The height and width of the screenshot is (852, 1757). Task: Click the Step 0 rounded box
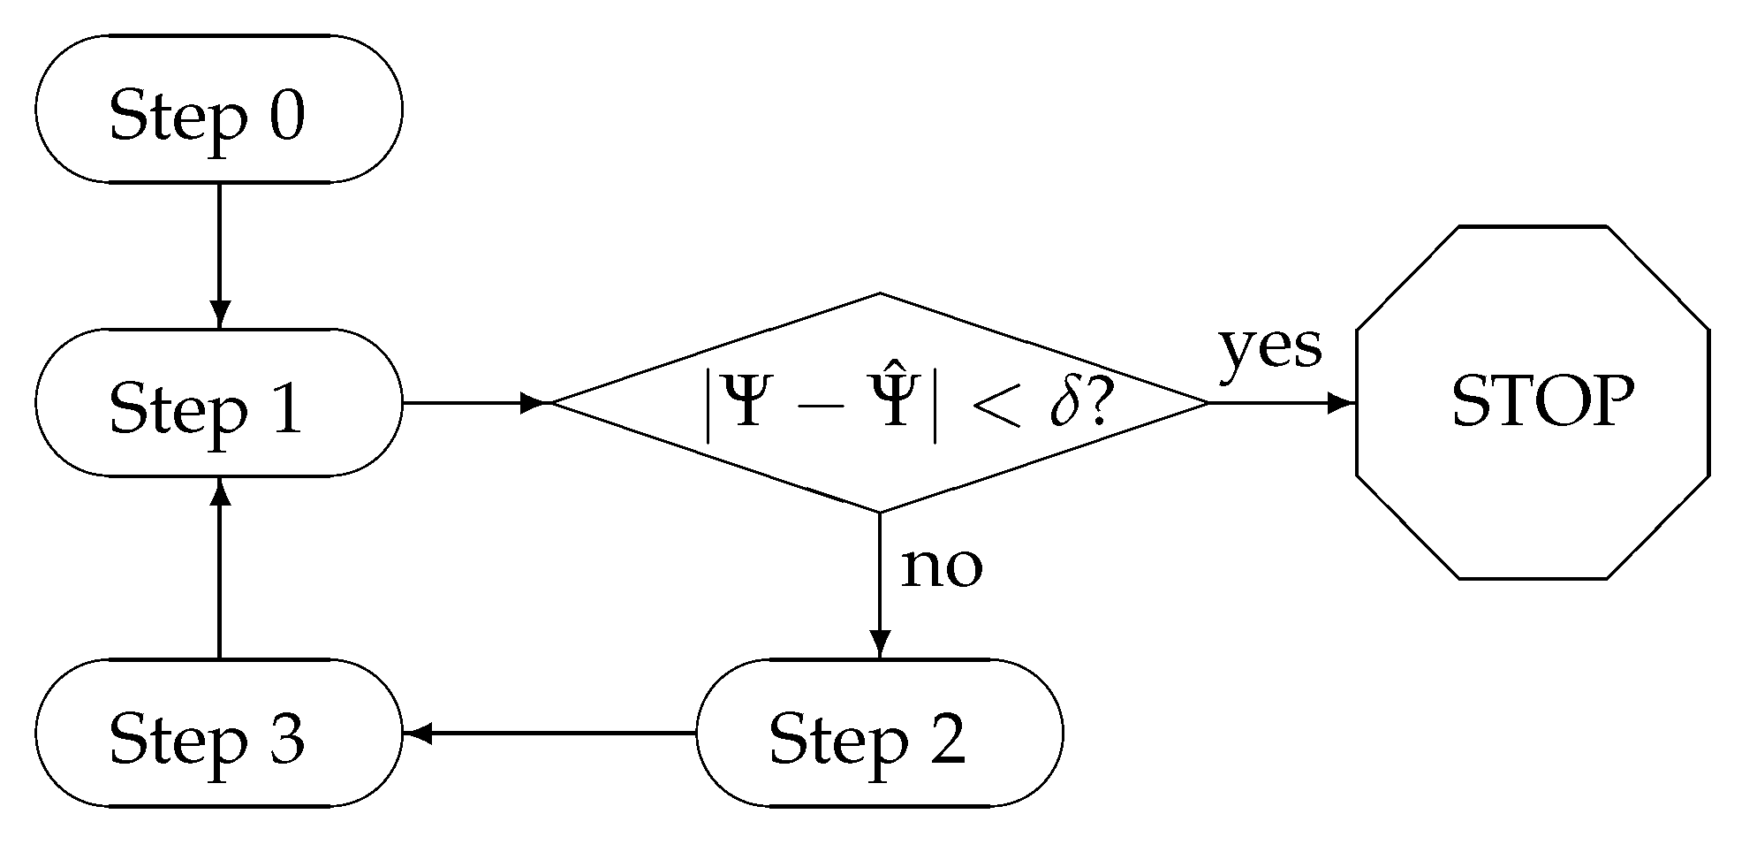(x=218, y=110)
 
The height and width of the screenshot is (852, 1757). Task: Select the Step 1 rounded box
(x=218, y=403)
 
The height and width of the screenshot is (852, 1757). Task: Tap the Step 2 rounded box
(x=879, y=733)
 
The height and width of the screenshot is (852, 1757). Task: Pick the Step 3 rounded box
(x=218, y=733)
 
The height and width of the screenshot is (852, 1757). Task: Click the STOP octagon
(x=1533, y=403)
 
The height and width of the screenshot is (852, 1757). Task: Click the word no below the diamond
(x=941, y=567)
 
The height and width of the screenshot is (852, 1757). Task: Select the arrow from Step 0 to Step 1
(x=219, y=256)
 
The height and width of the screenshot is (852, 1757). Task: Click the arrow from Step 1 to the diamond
(x=477, y=403)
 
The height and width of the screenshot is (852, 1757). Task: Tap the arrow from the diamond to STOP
(x=1281, y=403)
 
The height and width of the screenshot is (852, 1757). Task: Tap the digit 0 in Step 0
(x=286, y=115)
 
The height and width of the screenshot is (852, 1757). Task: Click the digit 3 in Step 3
(x=286, y=739)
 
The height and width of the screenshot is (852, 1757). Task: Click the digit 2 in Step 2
(x=947, y=738)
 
